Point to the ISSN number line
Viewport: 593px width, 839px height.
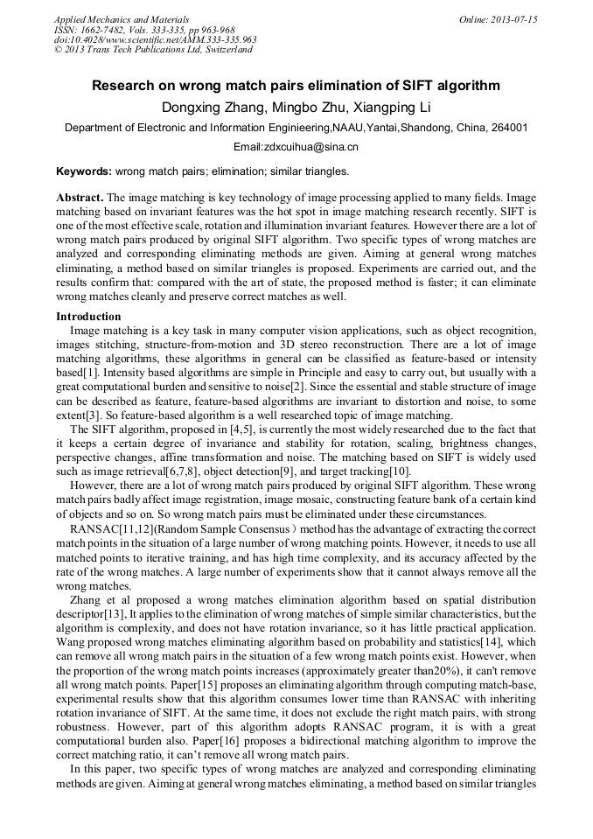tap(143, 29)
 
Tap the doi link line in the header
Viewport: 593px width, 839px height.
tap(155, 39)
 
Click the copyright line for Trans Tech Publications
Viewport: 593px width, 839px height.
tap(153, 50)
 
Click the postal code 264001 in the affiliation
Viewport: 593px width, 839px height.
tap(507, 128)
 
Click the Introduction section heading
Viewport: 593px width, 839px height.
tap(88, 316)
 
